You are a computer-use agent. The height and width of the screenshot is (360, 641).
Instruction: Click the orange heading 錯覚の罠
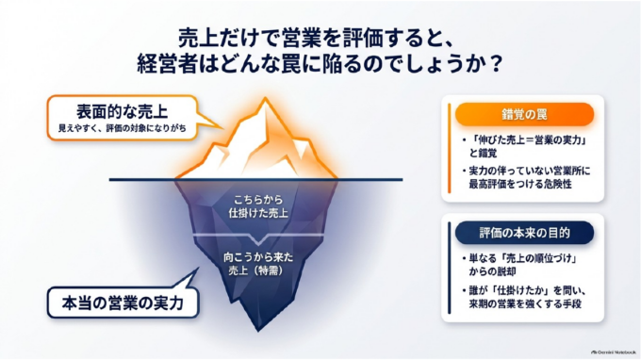(x=524, y=114)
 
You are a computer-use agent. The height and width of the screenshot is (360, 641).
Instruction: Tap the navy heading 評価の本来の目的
(x=524, y=233)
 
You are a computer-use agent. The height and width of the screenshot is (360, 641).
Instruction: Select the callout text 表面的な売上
(x=122, y=111)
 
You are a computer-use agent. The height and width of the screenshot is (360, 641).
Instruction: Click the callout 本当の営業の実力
(x=123, y=303)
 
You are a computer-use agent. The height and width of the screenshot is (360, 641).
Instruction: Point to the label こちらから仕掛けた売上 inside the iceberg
(x=258, y=206)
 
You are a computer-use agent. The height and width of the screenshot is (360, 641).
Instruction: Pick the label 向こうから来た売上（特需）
(x=258, y=264)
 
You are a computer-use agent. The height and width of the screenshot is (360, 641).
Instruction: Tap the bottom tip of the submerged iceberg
(x=258, y=330)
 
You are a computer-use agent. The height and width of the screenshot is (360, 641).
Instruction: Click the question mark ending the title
(x=495, y=65)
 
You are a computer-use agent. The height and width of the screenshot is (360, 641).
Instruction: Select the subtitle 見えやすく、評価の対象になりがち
(x=122, y=128)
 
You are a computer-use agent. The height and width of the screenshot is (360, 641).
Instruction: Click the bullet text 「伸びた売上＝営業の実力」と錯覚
(x=528, y=147)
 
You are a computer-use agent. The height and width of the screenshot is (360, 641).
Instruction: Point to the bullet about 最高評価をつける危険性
(x=527, y=177)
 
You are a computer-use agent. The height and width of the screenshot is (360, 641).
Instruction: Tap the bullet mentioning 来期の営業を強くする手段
(x=525, y=298)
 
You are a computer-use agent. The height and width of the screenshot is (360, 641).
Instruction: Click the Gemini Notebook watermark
(x=614, y=352)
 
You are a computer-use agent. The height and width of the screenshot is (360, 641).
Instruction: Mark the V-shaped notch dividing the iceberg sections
(x=258, y=240)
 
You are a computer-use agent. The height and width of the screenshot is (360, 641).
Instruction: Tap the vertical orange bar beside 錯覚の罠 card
(x=450, y=148)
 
